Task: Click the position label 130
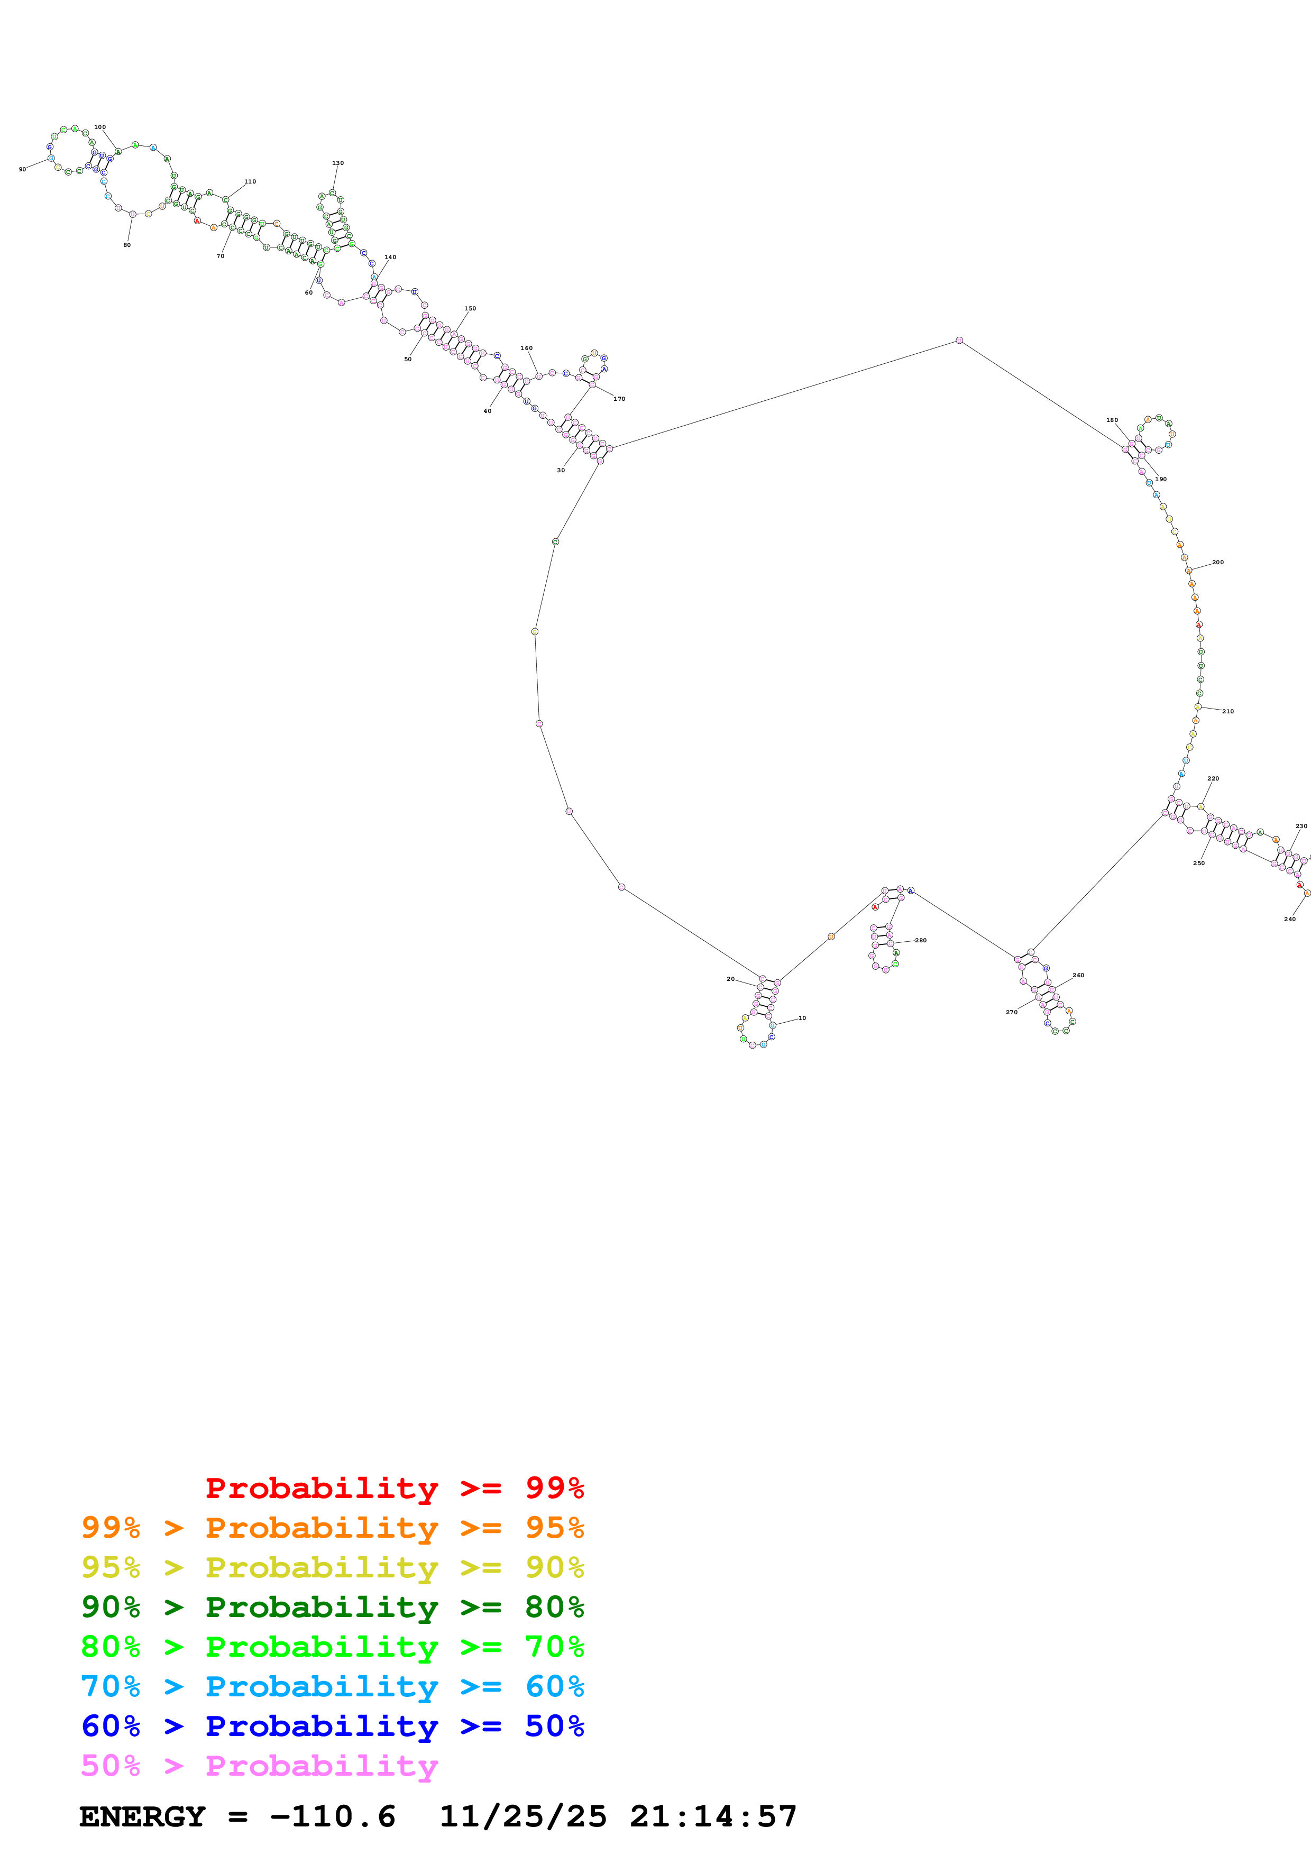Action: pos(337,163)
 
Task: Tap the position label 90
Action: pos(23,170)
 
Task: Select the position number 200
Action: pos(1217,562)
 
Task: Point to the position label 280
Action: pos(920,940)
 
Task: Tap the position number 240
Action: pos(1290,920)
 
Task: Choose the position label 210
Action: pos(1228,712)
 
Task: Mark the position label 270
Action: pos(1011,1012)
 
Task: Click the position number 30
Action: pos(561,470)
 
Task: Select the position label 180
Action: pos(1112,420)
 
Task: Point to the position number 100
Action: pos(100,127)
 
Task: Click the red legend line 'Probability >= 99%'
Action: pos(394,1488)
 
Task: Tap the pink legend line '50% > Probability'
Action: pos(259,1766)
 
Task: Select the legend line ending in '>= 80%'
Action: pos(333,1607)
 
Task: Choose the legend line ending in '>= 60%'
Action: pos(333,1686)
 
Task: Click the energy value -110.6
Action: pos(333,1817)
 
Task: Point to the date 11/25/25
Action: pos(522,1817)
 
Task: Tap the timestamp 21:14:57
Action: pos(713,1817)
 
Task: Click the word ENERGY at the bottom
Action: pos(142,1817)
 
